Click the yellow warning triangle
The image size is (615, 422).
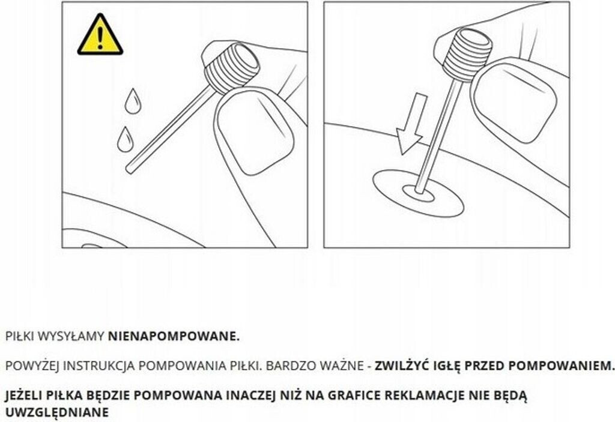[100, 37]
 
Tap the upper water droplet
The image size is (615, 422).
[133, 102]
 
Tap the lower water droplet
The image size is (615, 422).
[125, 140]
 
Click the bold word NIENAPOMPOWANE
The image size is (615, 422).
[174, 336]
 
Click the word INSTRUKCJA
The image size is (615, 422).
[99, 366]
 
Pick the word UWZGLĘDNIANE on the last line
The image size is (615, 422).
[57, 412]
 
